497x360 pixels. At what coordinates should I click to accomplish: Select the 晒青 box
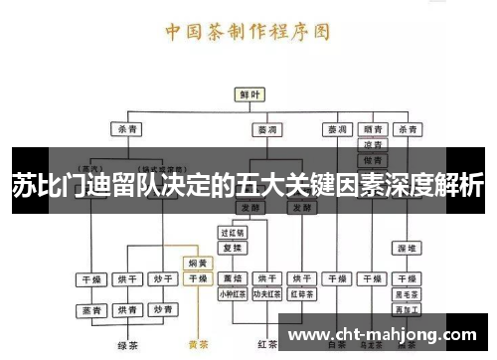tap(373, 129)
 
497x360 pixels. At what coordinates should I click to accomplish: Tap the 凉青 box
tap(373, 145)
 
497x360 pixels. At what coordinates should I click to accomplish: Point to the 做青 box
tap(373, 160)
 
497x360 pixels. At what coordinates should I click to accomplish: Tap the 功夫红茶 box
tap(266, 294)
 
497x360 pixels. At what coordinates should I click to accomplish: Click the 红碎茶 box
tap(302, 294)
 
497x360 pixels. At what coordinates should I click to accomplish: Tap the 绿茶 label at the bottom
tap(126, 346)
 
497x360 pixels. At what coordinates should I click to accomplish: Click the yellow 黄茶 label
tap(198, 346)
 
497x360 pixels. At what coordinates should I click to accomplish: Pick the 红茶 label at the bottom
tap(266, 344)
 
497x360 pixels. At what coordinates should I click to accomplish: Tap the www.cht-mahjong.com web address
tap(387, 334)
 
